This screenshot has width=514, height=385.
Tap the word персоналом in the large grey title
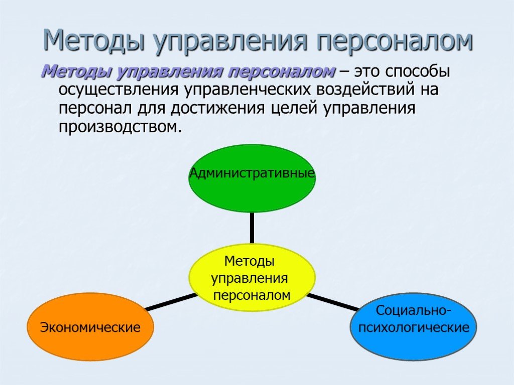pyautogui.click(x=395, y=41)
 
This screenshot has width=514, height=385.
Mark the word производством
pyautogui.click(x=120, y=127)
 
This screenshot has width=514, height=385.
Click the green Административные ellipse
pyautogui.click(x=252, y=178)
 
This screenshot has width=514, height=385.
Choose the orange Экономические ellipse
pyautogui.click(x=90, y=327)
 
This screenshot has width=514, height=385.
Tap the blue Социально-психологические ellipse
pyautogui.click(x=414, y=327)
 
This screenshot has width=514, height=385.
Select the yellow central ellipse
pyautogui.click(x=252, y=278)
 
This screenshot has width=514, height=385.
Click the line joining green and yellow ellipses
pyautogui.click(x=252, y=229)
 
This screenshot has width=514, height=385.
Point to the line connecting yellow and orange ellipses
pyautogui.click(x=171, y=301)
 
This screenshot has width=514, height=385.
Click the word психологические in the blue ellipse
pyautogui.click(x=414, y=327)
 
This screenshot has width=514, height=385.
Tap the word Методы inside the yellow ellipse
pyautogui.click(x=249, y=261)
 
